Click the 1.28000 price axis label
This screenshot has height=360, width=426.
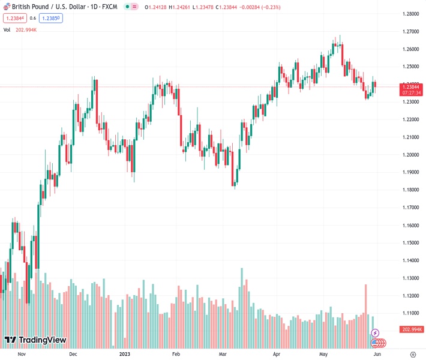point(411,14)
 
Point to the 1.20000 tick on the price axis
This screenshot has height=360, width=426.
point(411,155)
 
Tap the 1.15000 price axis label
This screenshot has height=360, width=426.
point(411,243)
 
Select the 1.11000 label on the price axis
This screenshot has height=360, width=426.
point(411,313)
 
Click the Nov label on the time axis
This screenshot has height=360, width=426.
point(22,354)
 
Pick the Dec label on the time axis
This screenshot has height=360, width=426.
point(73,354)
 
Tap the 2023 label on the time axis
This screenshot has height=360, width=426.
point(124,354)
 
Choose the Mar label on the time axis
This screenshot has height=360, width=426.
point(223,354)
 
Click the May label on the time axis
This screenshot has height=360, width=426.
point(325,354)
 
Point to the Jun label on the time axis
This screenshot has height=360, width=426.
point(376,354)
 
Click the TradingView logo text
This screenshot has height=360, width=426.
point(35,340)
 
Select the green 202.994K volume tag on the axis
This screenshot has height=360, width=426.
point(411,329)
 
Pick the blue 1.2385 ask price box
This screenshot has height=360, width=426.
point(52,18)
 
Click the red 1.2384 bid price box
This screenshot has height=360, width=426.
point(14,18)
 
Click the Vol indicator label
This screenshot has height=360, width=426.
point(7,29)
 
